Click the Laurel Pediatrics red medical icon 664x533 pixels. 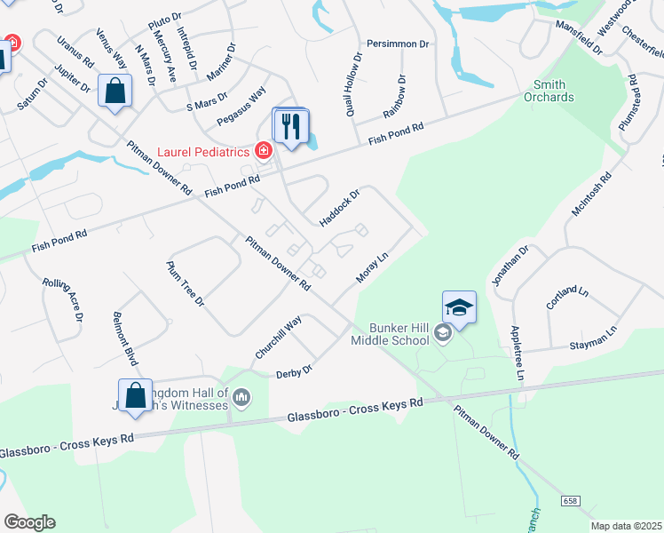[x=263, y=151]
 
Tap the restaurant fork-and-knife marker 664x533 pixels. [x=289, y=126]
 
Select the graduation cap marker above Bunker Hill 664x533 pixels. [x=459, y=307]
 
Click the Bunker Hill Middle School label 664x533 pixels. [x=389, y=334]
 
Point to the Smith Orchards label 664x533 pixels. [x=549, y=91]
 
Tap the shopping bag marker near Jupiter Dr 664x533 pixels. [x=115, y=91]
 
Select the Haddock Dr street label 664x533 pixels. [x=339, y=206]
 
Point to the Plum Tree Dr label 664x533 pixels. [x=186, y=284]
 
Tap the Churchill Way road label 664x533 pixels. [x=279, y=338]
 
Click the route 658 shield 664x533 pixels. [x=569, y=502]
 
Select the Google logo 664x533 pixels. [x=29, y=522]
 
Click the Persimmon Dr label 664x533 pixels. [x=398, y=44]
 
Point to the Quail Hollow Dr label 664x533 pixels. [x=353, y=85]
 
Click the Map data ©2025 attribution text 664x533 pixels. [x=626, y=526]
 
